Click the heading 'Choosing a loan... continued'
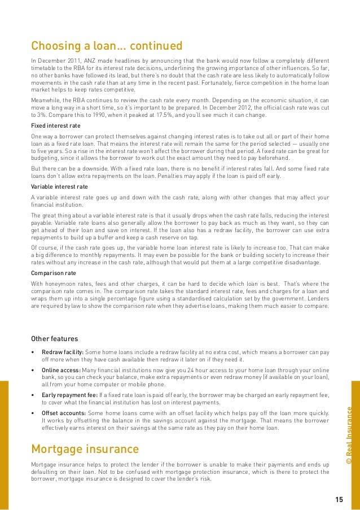[x=106, y=45]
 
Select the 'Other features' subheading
[x=54, y=339]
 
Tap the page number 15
[x=339, y=499]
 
